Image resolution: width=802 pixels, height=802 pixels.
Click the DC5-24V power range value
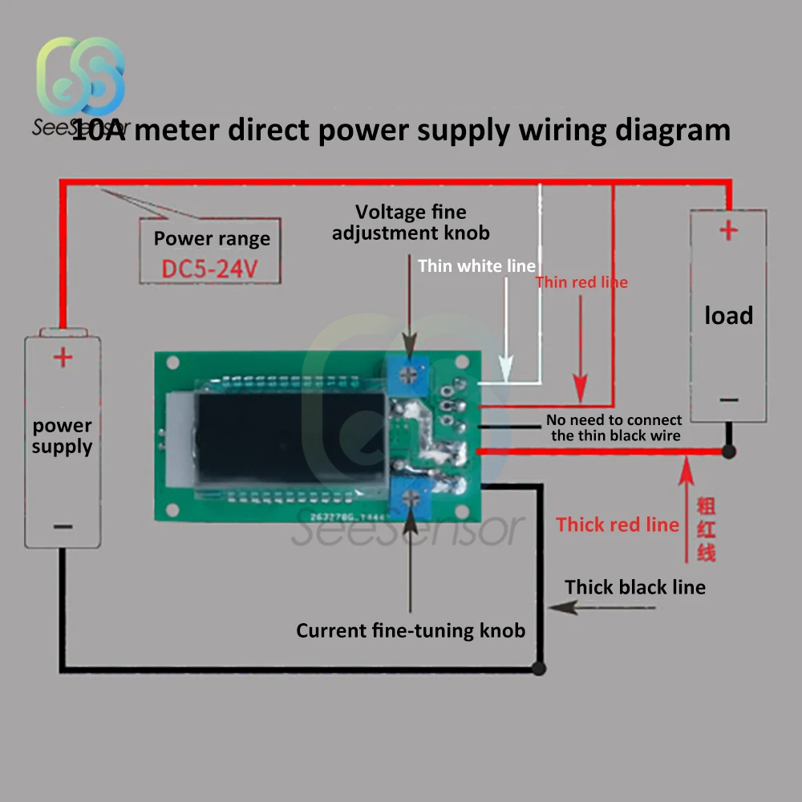209,269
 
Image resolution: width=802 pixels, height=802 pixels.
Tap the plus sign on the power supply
63,357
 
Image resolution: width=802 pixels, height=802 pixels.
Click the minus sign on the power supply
63,527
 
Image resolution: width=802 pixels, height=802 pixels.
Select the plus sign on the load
728,231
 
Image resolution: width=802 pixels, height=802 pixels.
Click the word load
728,315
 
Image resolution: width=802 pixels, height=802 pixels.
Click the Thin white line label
476,266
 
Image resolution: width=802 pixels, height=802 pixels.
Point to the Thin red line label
581,282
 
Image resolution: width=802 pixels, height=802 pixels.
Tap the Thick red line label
618,525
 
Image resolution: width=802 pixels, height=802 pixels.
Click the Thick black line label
635,587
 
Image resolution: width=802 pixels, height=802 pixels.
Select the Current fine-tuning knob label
411,630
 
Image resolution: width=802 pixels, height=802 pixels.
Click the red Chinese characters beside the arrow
706,529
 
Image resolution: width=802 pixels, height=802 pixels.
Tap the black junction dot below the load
728,452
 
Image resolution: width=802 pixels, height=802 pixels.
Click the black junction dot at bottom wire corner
539,668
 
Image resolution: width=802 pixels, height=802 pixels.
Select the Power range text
212,238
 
